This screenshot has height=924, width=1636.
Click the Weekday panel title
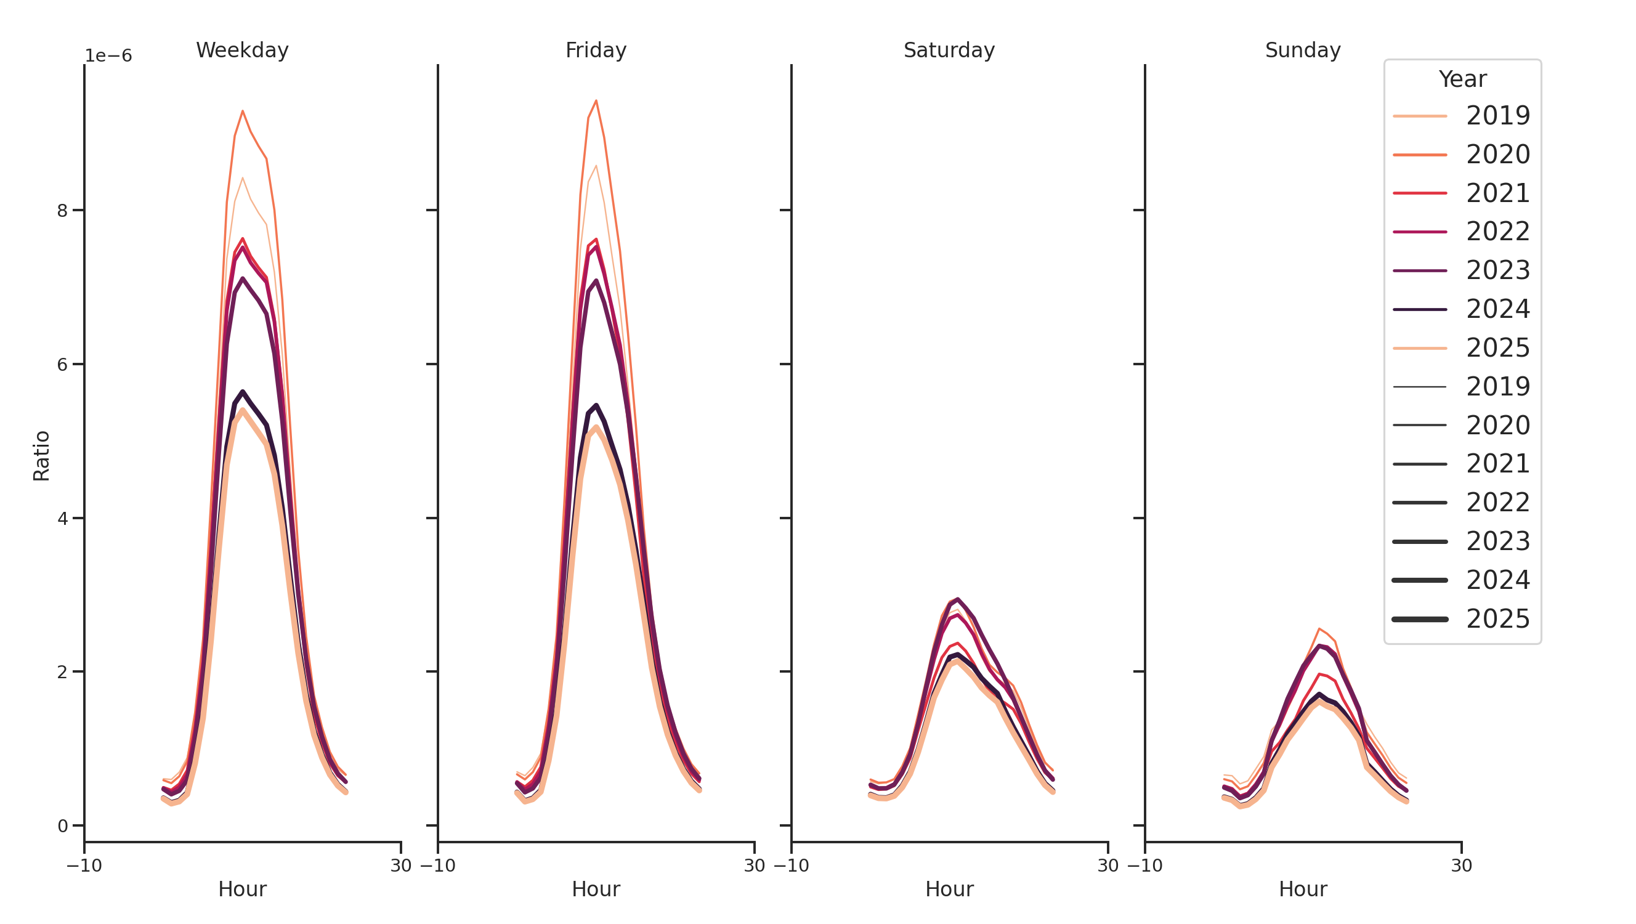point(242,50)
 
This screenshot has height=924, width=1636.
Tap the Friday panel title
point(595,50)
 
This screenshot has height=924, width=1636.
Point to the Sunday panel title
point(1302,50)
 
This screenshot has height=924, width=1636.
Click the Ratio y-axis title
point(41,455)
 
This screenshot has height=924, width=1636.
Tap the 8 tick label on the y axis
point(62,211)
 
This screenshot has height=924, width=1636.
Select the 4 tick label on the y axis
point(62,519)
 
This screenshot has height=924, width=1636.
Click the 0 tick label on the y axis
point(62,826)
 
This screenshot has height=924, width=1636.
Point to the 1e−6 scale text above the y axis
point(108,56)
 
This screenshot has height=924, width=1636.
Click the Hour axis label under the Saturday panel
point(949,889)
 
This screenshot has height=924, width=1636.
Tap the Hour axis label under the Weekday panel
point(242,889)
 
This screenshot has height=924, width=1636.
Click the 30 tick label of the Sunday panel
point(1460,865)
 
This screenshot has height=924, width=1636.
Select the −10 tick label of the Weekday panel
point(84,865)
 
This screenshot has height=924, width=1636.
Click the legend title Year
point(1462,79)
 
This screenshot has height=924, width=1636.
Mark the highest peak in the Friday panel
point(596,101)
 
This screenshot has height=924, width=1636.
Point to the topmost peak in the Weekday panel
point(242,111)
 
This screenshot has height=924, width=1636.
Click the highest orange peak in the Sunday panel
point(1319,629)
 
